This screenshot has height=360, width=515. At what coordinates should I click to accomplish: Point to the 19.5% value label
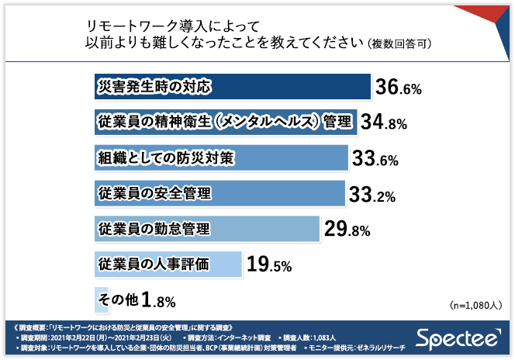tap(268, 265)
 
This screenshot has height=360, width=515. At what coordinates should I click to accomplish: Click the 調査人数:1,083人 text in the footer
tap(309, 338)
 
